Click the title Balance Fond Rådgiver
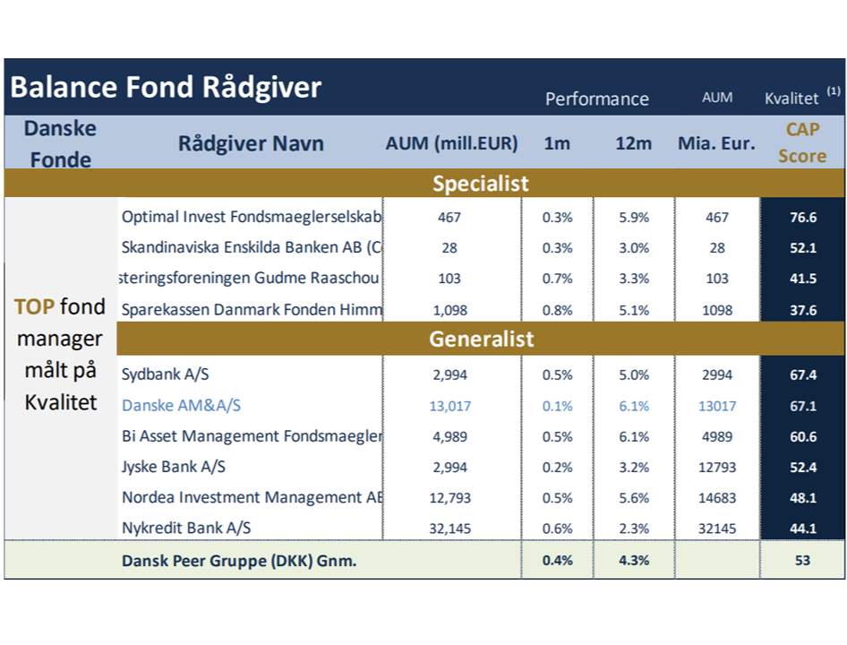coord(166,87)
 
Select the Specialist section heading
coord(480,184)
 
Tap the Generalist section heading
coord(482,339)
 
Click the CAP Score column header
coord(802,142)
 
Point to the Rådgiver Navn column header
coord(252,143)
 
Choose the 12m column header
coord(634,143)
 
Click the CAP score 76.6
coord(803,218)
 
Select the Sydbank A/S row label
coord(166,374)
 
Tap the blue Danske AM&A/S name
coord(182,406)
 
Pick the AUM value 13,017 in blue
coord(450,406)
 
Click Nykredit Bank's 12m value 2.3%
coord(634,529)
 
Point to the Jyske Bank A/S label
coord(174,467)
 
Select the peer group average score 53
coord(803,560)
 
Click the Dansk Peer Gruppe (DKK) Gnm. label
coord(239,561)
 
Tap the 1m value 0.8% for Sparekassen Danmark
coord(558,310)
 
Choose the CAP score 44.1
coord(803,529)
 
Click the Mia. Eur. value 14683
coord(717,497)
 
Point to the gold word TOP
coord(33,307)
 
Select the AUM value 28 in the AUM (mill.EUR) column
coord(449,247)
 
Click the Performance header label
coord(597,99)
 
